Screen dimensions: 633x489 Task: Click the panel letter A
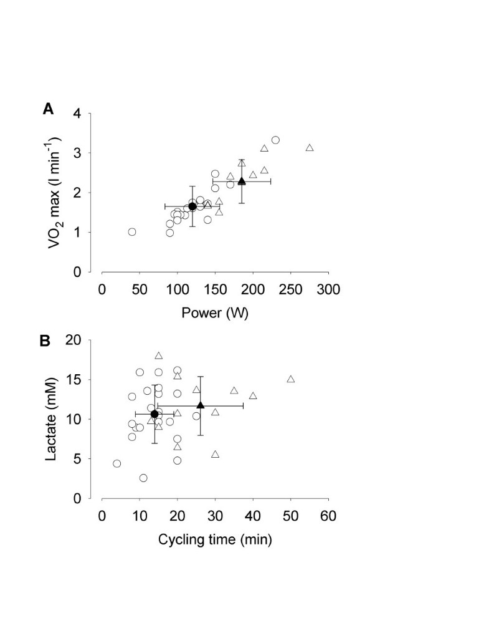(48, 110)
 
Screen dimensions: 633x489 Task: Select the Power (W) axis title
(215, 313)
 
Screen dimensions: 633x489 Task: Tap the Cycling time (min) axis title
(215, 539)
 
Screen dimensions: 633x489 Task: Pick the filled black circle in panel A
(192, 206)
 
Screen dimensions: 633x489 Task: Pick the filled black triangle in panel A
(242, 181)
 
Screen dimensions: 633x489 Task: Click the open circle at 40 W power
(132, 232)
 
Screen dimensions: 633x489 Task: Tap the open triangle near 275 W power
(310, 148)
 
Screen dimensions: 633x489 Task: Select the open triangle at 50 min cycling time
(290, 379)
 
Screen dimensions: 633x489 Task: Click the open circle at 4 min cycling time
(117, 463)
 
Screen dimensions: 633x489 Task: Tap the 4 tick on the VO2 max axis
(77, 114)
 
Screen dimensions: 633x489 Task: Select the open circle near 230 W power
(275, 140)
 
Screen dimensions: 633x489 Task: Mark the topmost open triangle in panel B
(159, 355)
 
